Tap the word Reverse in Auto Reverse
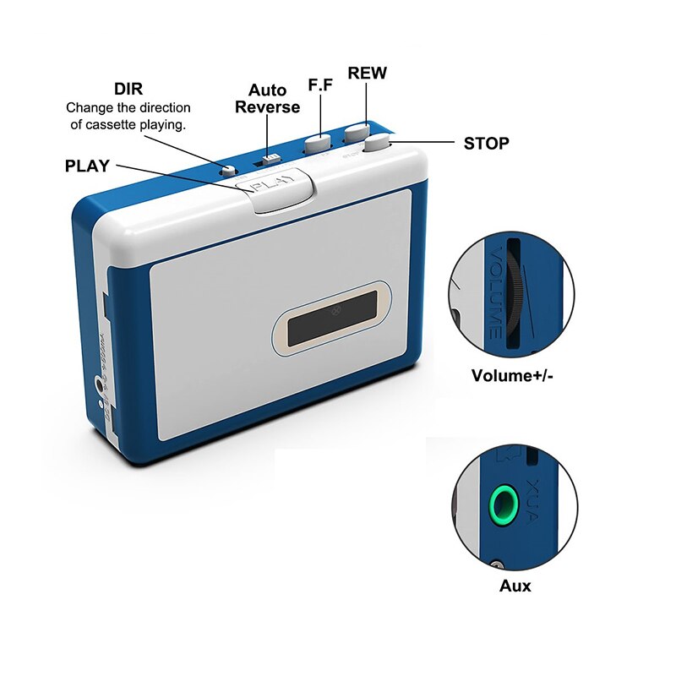267,107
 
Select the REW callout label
367,74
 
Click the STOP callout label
486,144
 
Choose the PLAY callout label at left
87,166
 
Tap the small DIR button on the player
226,169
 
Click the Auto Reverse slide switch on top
270,158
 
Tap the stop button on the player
376,143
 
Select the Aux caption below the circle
515,585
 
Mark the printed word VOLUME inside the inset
493,292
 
